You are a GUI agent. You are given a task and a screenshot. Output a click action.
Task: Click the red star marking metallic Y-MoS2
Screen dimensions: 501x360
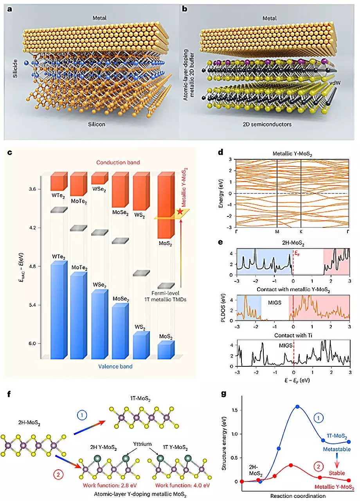(x=180, y=211)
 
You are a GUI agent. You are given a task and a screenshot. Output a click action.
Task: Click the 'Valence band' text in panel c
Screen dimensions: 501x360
(x=113, y=366)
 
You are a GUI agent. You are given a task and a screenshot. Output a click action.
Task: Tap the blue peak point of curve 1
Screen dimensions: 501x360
(x=297, y=407)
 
